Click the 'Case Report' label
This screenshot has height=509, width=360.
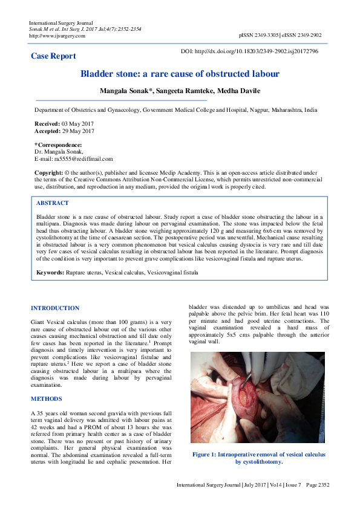click(x=53, y=56)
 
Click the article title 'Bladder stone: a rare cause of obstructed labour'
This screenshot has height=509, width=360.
click(x=180, y=74)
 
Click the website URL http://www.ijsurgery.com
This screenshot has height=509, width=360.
click(x=57, y=36)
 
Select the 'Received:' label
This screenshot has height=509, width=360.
click(x=47, y=123)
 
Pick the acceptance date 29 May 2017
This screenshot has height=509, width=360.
click(x=78, y=131)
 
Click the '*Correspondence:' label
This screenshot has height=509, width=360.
click(x=58, y=145)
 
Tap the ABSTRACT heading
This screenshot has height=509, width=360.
click(x=53, y=203)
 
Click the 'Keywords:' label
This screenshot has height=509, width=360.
click(x=50, y=273)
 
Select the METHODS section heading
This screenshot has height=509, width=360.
click(x=46, y=399)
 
